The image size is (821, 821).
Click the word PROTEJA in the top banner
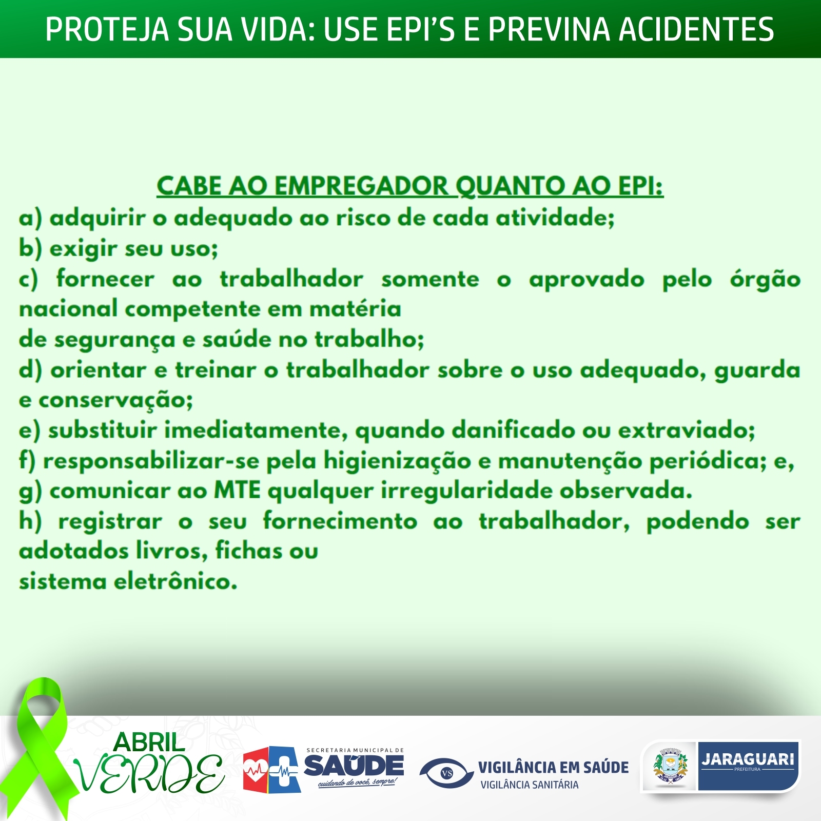107,29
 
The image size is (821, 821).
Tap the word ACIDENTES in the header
696,29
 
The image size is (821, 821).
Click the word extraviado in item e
687,430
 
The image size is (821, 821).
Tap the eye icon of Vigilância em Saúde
446,773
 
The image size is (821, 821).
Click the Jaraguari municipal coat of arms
670,766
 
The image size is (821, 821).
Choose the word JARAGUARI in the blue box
748,759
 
